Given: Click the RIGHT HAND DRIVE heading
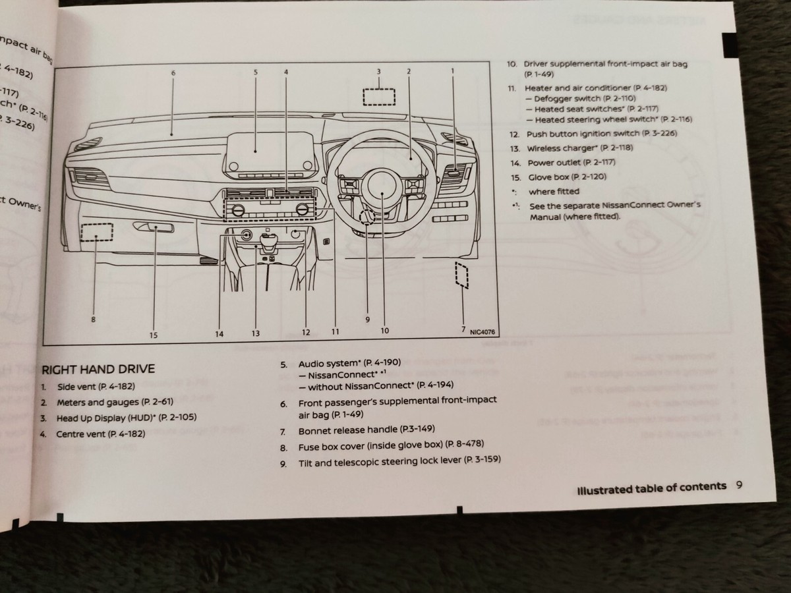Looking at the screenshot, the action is click(98, 369).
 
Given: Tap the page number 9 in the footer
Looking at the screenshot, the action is click(739, 486).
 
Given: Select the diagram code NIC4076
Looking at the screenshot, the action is click(483, 332).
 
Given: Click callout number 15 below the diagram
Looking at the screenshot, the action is click(153, 335).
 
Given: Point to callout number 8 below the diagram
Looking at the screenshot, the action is click(94, 320).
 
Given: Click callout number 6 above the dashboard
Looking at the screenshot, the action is click(173, 72).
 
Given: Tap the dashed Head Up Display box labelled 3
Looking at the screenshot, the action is click(378, 96).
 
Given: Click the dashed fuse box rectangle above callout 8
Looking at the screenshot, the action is click(96, 233).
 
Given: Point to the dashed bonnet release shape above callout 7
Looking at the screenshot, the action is click(461, 274).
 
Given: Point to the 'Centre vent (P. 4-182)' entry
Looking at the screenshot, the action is click(100, 434).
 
